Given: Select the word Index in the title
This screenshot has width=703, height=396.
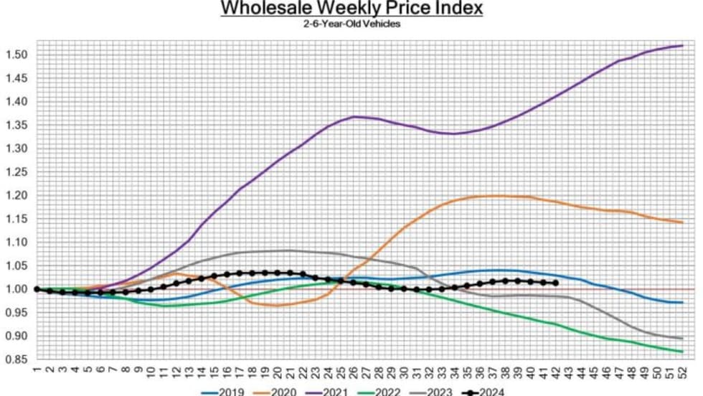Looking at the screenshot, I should (460, 9).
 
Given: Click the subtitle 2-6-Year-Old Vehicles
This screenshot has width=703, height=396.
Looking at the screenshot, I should (351, 24).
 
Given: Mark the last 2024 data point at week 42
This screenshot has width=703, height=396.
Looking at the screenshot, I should (555, 283).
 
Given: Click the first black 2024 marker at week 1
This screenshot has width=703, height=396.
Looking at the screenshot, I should (37, 289).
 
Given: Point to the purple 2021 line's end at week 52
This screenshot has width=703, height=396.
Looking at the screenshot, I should (681, 46).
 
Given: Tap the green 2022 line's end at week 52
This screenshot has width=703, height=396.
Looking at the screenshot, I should (681, 352).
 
